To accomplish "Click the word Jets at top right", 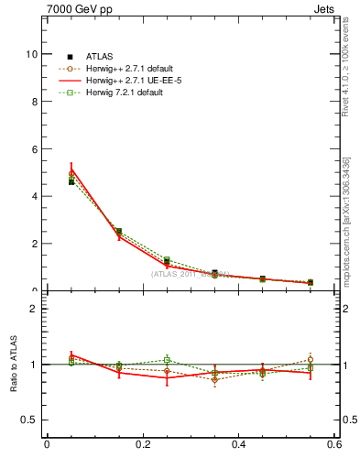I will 325,9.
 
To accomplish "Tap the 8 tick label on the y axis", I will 34,102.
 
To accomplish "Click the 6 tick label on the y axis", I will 34,149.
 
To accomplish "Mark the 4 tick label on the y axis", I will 34,196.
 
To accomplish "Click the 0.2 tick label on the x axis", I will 142,445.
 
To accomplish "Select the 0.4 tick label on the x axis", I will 238,445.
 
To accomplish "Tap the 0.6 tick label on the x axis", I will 334,445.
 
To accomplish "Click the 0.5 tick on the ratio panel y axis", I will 31,420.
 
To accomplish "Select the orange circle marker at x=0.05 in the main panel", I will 71,173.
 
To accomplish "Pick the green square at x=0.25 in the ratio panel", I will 167,359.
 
